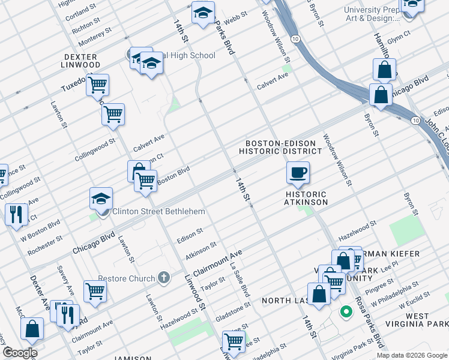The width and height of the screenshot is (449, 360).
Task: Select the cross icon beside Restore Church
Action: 164,278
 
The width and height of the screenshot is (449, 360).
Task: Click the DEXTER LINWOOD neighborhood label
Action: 81,60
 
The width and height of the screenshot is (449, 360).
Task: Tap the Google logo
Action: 20,352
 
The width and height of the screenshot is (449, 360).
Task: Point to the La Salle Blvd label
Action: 240,282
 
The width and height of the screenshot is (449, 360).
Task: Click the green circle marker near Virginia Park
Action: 346,311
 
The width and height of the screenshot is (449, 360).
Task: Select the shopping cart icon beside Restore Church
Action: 95,290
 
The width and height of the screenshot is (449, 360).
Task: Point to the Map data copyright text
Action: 411,355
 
